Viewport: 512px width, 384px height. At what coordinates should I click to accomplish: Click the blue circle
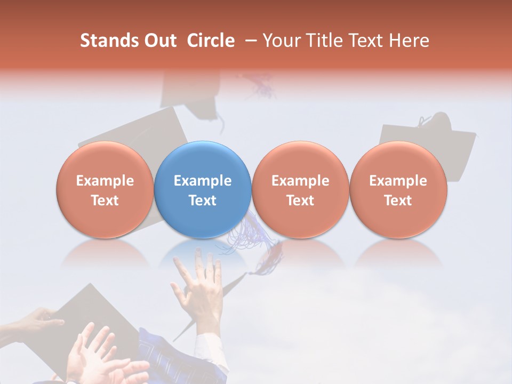click(202, 189)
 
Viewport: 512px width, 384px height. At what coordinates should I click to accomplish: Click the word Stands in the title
click(109, 41)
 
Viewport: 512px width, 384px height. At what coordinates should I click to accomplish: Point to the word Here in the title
click(408, 41)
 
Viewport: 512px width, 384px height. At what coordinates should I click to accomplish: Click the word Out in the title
click(159, 41)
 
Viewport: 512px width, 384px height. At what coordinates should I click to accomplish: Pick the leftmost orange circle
click(105, 189)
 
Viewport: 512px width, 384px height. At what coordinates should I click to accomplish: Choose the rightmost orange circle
click(398, 189)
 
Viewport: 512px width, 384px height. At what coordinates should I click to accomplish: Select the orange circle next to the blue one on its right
click(300, 189)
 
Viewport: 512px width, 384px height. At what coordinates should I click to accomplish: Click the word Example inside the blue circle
click(203, 181)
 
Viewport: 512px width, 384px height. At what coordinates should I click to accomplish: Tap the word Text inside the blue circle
click(203, 201)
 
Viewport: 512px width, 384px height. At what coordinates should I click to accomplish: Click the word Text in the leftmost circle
click(105, 201)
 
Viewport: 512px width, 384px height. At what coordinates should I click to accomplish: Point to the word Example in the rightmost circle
click(398, 181)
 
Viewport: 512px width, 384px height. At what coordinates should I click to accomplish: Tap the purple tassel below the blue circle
click(248, 232)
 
